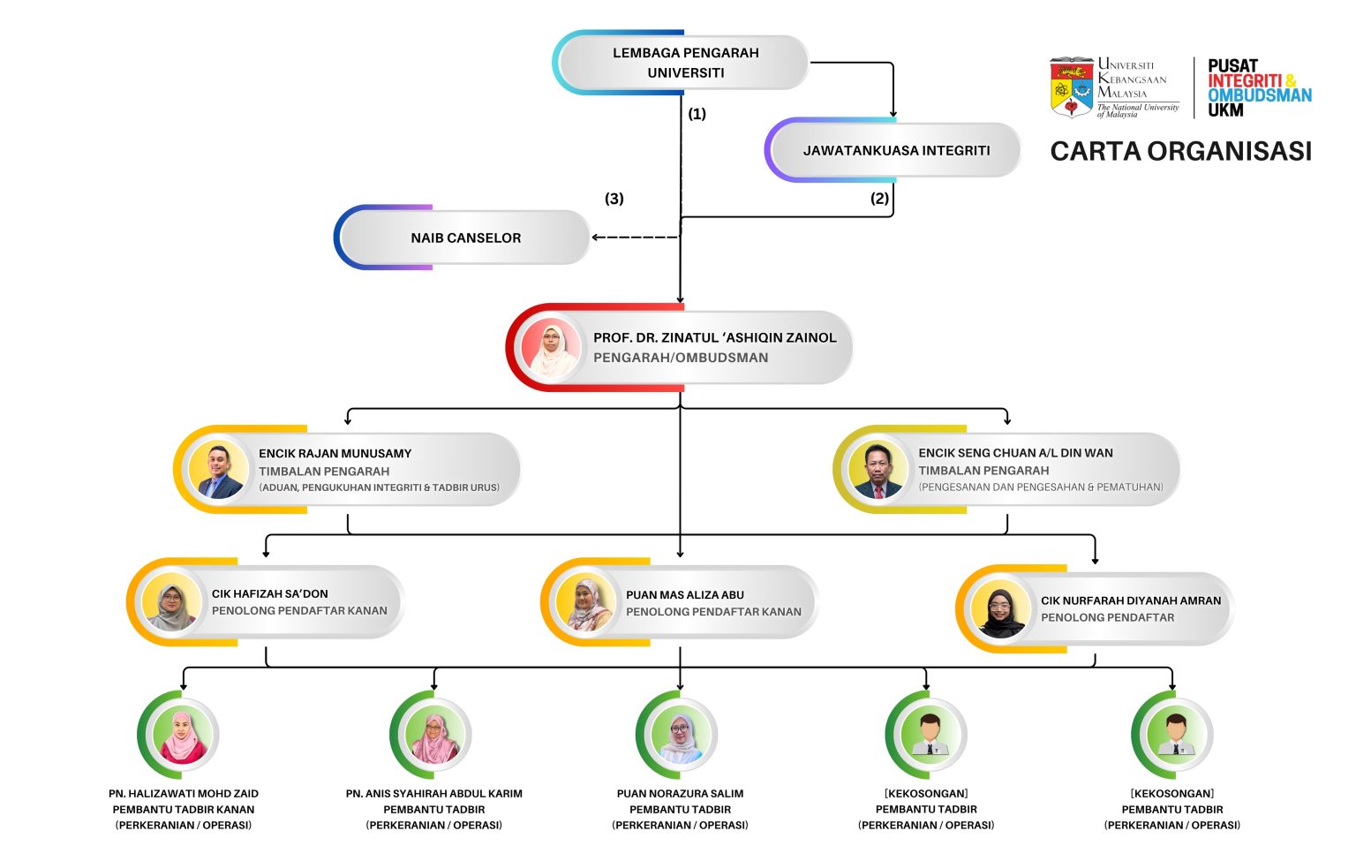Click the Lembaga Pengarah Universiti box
tap(681, 63)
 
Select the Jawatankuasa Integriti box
tap(893, 150)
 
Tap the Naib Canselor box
tap(463, 238)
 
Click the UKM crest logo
tap(1072, 87)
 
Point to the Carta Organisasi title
tap(1181, 151)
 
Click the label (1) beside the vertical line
tap(697, 114)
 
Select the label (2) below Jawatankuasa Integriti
tap(879, 198)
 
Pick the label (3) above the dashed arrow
tap(614, 199)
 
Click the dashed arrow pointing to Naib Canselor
tap(636, 238)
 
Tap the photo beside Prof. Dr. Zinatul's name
tap(551, 348)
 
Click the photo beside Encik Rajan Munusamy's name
tap(218, 469)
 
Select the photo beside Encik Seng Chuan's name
tap(878, 469)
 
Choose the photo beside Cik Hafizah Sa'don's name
tap(171, 602)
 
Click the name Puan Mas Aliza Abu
tap(685, 595)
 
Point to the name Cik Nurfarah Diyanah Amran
tap(1131, 600)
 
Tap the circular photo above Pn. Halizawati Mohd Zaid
tap(182, 735)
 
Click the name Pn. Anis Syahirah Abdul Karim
tap(434, 794)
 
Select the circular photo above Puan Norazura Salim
tap(681, 735)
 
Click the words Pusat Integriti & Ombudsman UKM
tap(1259, 87)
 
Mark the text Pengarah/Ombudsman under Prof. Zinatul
tap(681, 358)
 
